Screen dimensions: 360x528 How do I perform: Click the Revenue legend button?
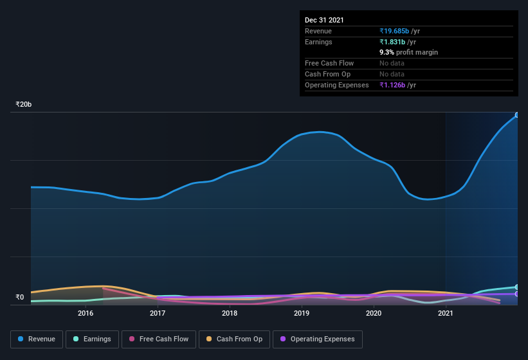[37, 339]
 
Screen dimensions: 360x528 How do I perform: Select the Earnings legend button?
[92, 339]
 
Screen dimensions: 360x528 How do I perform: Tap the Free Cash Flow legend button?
[159, 339]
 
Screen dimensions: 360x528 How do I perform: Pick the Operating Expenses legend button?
[317, 339]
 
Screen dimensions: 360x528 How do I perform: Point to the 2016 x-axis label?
[86, 313]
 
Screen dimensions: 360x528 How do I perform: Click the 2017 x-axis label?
[158, 313]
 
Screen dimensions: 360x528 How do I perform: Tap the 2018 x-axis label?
[230, 313]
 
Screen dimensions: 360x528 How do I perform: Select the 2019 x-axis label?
[302, 313]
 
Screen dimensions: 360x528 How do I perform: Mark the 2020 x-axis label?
[374, 313]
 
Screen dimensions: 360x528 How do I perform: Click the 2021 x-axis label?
[446, 313]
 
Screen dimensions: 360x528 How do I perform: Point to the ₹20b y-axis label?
[24, 104]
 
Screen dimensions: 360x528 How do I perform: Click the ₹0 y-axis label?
[19, 297]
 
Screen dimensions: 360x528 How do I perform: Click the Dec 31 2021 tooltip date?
[324, 20]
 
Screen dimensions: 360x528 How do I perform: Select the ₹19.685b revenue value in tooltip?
[399, 31]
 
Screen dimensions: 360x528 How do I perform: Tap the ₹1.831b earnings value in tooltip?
[397, 42]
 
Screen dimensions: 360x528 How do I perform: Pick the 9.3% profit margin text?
[408, 52]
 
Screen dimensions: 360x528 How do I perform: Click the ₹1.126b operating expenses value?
[397, 85]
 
